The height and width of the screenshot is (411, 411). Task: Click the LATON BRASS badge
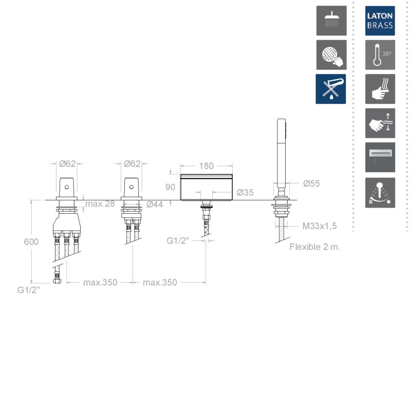(380, 21)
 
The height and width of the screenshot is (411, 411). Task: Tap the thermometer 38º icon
(380, 55)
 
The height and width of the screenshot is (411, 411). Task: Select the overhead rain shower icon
(331, 21)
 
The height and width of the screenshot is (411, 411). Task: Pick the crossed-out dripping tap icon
(331, 89)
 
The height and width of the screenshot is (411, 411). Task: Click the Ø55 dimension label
(311, 183)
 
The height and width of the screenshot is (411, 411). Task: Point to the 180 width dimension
(207, 166)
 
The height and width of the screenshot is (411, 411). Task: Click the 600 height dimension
(31, 241)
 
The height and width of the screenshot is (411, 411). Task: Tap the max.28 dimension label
(100, 203)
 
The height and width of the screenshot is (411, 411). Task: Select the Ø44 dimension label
(155, 204)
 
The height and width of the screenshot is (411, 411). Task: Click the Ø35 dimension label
(245, 193)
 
